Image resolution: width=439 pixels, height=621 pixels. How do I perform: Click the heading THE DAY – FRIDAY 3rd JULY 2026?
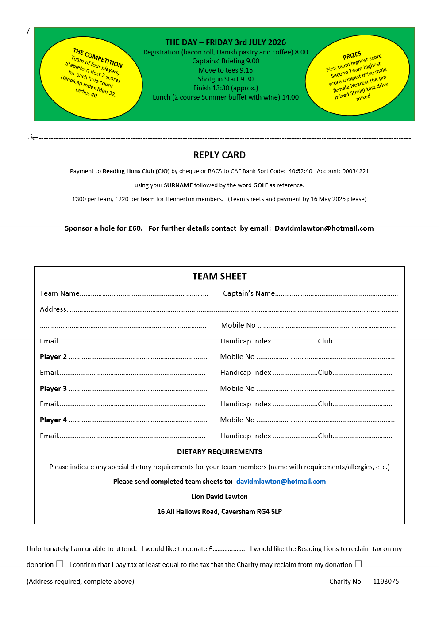pyautogui.click(x=226, y=42)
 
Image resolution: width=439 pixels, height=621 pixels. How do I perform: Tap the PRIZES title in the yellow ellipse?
pyautogui.click(x=352, y=56)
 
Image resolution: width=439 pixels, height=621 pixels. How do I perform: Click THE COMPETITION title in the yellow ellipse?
pyautogui.click(x=98, y=58)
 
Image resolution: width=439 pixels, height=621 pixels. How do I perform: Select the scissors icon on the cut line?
pyautogui.click(x=32, y=138)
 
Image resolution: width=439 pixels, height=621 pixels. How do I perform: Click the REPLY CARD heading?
pyautogui.click(x=219, y=155)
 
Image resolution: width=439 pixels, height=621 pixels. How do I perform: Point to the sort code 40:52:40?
pyautogui.click(x=300, y=171)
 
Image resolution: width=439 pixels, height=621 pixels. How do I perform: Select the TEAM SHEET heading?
pyautogui.click(x=219, y=277)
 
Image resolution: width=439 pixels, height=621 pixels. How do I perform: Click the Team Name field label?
pyautogui.click(x=60, y=293)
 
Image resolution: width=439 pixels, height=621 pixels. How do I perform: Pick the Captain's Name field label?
pyautogui.click(x=249, y=293)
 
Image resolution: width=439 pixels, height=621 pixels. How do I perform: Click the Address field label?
pyautogui.click(x=53, y=309)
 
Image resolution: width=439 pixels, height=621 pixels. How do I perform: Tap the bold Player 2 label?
pyautogui.click(x=53, y=357)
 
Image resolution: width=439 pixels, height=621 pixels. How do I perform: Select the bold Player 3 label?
pyautogui.click(x=53, y=389)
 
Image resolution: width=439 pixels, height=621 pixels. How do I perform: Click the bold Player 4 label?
pyautogui.click(x=53, y=420)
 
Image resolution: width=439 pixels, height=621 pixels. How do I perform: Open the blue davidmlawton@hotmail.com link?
pyautogui.click(x=281, y=482)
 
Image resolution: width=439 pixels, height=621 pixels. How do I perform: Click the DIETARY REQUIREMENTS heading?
pyautogui.click(x=219, y=452)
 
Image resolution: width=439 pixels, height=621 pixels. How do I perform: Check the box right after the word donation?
pyautogui.click(x=60, y=564)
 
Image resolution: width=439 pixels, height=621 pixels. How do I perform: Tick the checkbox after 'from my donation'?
pyautogui.click(x=358, y=564)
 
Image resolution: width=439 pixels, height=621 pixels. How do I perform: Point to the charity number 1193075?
pyautogui.click(x=386, y=582)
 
